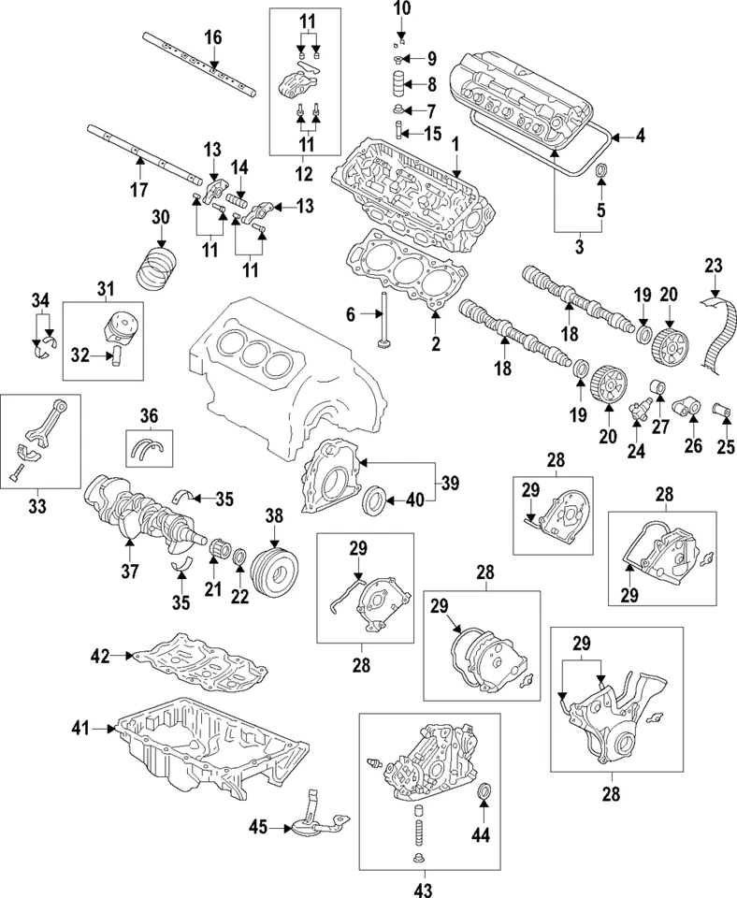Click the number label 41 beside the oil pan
tap(81, 726)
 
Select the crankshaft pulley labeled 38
tap(276, 566)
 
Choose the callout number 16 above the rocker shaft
tap(212, 37)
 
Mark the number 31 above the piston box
tap(102, 287)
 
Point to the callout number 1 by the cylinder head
tap(455, 145)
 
